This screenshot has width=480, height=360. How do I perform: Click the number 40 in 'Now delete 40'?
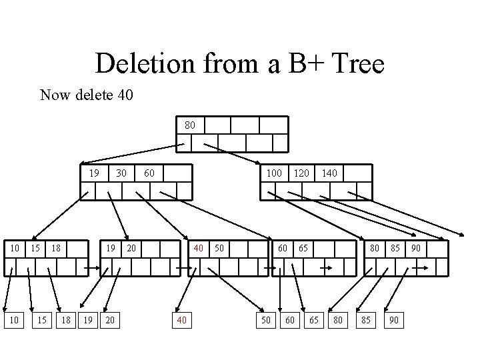click(x=125, y=95)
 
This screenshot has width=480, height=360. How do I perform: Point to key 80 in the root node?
click(x=189, y=125)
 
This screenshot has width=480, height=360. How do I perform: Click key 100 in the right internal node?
click(x=274, y=173)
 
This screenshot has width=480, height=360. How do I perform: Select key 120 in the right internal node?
click(x=301, y=173)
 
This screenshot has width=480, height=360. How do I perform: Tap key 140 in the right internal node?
click(x=329, y=173)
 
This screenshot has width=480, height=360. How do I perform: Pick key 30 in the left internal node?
click(x=121, y=173)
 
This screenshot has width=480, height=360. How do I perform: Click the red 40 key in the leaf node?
click(x=199, y=249)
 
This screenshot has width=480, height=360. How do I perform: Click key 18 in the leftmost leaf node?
click(x=57, y=249)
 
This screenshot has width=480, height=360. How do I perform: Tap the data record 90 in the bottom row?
click(x=394, y=321)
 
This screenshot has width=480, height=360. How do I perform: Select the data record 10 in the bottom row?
click(x=13, y=321)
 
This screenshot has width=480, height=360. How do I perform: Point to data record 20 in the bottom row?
click(x=110, y=321)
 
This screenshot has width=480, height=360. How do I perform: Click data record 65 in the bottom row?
click(x=313, y=321)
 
